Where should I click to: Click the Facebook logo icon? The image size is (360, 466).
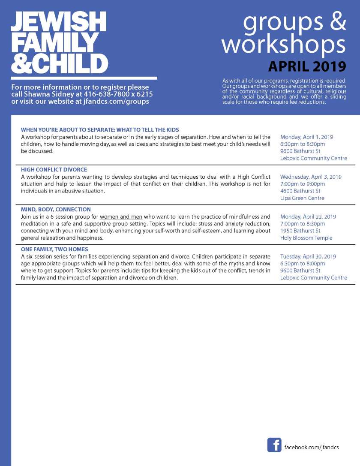pos(274,445)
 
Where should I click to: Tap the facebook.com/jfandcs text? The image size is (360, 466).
pos(312,447)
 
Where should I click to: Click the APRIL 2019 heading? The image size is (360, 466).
pos(307,66)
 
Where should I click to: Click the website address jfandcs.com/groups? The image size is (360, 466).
pos(116,102)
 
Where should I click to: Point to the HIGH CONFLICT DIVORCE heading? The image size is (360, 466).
pos(54,169)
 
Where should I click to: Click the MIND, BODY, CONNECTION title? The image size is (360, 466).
pos(56,210)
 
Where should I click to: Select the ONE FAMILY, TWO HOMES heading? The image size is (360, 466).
pos(54,249)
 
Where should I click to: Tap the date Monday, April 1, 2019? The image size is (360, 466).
pos(306,137)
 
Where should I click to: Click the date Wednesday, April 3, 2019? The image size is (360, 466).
pos(311,177)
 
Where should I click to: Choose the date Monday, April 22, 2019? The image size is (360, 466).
pos(308,216)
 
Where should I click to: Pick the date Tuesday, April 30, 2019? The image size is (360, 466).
pos(308,256)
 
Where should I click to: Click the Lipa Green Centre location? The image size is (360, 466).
pos(302,198)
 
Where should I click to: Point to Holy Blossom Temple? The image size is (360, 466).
pos(306,238)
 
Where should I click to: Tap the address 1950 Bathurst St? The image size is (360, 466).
pos(300,231)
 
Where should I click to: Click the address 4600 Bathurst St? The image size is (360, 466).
pos(300,191)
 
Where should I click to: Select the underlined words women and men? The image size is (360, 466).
pos(121,217)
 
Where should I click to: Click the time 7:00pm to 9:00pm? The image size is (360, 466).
pos(303,184)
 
